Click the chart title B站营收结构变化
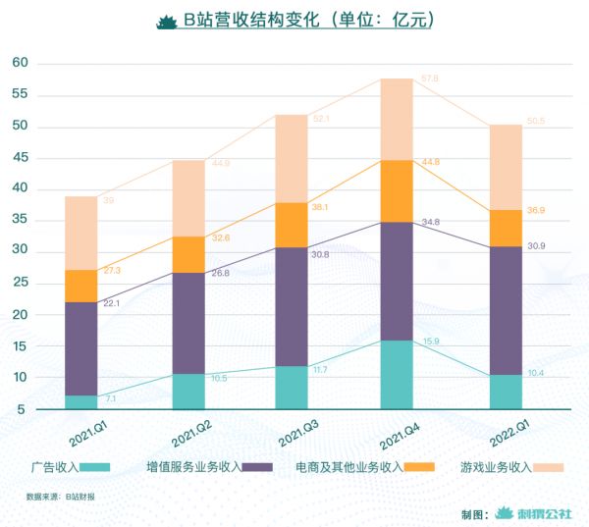click(294, 21)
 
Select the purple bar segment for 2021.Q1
click(81, 348)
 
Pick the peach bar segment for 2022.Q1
click(506, 167)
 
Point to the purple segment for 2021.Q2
click(188, 323)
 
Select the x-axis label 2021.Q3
click(292, 432)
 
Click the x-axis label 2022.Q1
click(505, 432)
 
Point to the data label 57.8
click(429, 78)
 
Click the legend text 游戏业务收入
click(492, 467)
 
